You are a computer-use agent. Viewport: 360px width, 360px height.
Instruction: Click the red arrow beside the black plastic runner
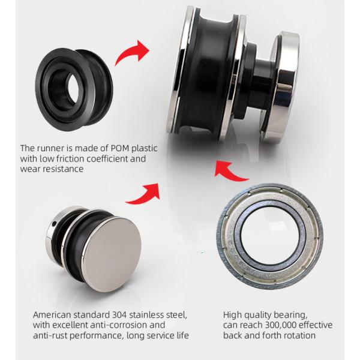pos(133,54)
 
